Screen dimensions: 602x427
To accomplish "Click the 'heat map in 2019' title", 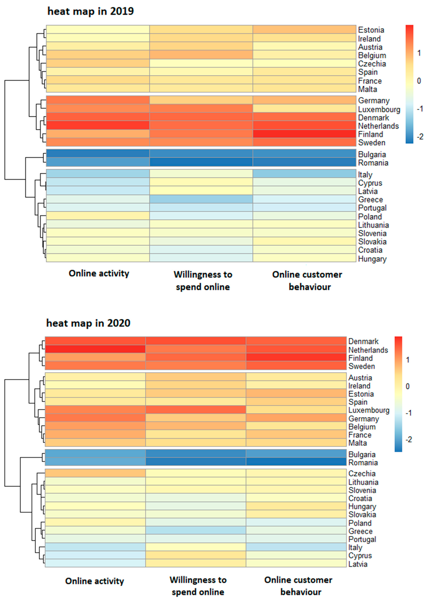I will point(90,11).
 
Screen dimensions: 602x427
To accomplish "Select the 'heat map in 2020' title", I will point(88,323).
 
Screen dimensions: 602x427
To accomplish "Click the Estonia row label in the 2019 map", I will point(371,30).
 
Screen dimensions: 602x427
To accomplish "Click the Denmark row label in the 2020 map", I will point(363,341).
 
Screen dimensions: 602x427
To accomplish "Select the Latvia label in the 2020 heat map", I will point(358,564).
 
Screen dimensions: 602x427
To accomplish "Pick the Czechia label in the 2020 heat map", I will point(362,474).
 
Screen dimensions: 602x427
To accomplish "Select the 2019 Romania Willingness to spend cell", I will point(201,162).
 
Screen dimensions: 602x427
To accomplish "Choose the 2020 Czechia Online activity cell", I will point(95,473).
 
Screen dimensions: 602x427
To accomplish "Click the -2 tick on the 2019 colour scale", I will point(420,137).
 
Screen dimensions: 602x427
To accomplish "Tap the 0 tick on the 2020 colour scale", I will point(408,386).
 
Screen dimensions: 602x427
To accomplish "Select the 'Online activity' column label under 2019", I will point(99,274).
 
